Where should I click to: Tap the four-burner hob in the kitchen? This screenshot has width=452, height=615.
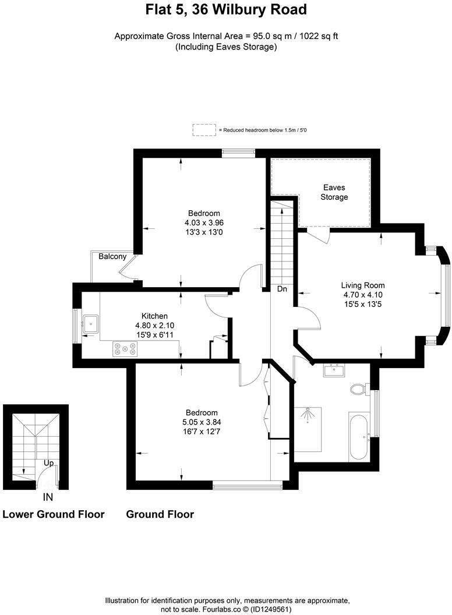(x=125, y=349)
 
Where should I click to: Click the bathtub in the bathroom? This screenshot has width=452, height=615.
(x=358, y=436)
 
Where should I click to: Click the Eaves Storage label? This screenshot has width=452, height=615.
(x=334, y=192)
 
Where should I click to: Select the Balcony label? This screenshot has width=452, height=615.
(x=112, y=256)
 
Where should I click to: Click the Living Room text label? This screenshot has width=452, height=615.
(x=363, y=285)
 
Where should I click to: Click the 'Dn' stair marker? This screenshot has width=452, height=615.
(x=282, y=289)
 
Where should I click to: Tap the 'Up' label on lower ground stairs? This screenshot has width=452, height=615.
(x=50, y=464)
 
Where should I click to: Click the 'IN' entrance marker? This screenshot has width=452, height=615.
(x=48, y=497)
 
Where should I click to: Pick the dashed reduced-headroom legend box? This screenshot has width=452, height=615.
(x=204, y=129)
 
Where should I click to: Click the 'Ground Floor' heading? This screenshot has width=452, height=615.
(x=160, y=514)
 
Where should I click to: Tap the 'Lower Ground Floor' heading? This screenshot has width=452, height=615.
(x=54, y=514)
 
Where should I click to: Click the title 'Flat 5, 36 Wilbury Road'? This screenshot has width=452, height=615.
(x=226, y=10)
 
